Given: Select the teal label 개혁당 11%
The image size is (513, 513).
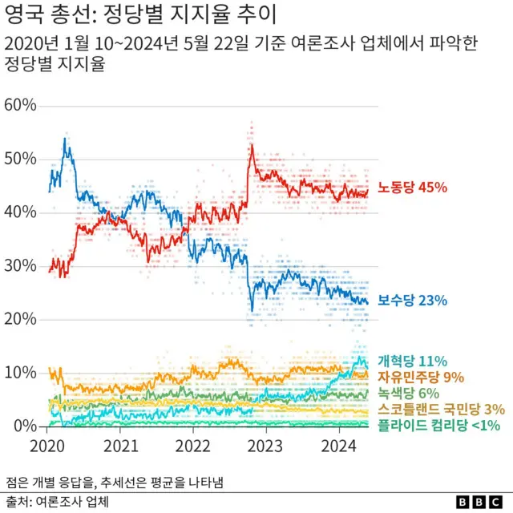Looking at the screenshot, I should pos(412,362).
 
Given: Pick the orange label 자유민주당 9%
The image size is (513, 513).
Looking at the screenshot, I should pos(421,377).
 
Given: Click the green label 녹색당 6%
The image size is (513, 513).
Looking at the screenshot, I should pos(408,393).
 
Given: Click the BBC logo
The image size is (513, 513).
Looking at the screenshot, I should pos(478,502).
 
